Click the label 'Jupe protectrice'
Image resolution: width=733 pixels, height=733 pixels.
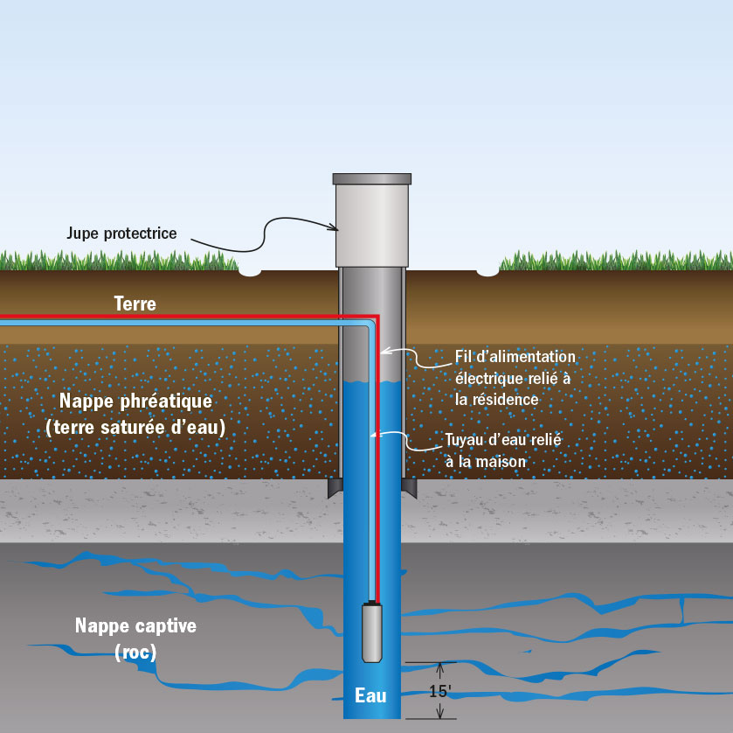click(121, 234)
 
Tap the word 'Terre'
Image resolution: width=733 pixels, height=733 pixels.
click(135, 304)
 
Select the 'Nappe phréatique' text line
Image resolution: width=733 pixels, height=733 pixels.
click(135, 401)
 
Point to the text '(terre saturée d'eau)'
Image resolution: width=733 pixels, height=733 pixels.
click(135, 428)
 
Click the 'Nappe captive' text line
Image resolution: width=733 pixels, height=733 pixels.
click(135, 626)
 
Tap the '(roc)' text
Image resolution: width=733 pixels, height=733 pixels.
click(135, 653)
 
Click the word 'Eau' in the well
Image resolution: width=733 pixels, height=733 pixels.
click(370, 696)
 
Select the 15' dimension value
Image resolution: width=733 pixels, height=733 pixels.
click(440, 691)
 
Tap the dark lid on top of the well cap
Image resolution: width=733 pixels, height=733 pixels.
click(371, 178)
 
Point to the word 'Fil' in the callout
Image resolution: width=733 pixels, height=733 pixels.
click(464, 357)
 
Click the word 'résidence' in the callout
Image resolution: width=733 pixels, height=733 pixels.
click(508, 399)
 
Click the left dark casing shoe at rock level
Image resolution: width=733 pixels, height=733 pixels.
click(335, 487)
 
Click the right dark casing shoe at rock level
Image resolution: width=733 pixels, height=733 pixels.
click(408, 487)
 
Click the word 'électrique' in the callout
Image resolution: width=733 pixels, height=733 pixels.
click(487, 378)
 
